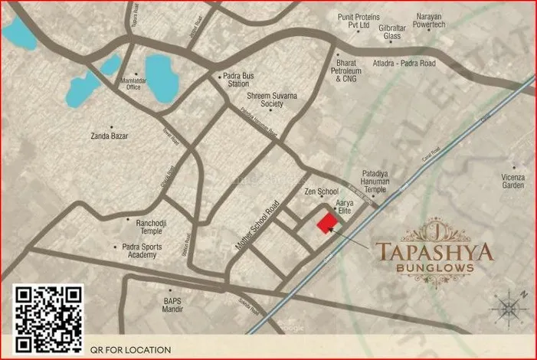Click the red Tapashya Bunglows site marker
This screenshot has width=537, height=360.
[328, 222]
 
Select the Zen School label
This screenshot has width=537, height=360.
[321, 190]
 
